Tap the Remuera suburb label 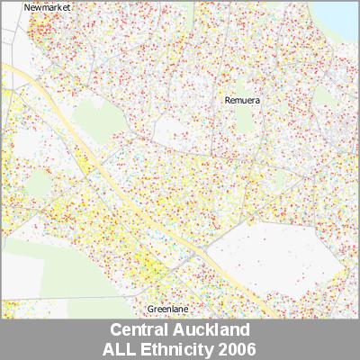[242, 101]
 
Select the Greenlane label [167, 309]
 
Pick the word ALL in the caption [122, 347]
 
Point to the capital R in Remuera [228, 101]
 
